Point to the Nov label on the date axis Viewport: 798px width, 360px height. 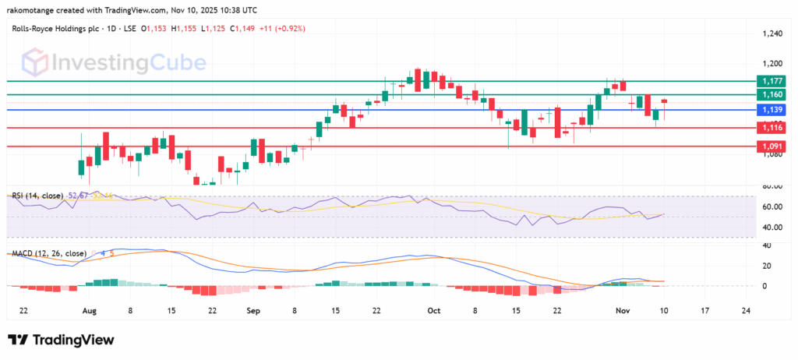coord(623,309)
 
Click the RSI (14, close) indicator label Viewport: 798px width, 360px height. coord(38,194)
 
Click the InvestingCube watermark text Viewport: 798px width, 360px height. coord(129,62)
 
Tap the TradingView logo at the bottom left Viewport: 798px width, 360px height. coord(61,341)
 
